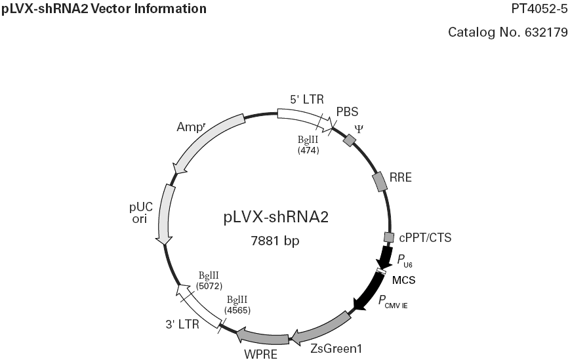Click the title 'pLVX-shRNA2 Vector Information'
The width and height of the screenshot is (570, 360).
pyautogui.click(x=104, y=9)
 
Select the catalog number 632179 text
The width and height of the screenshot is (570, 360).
pyautogui.click(x=508, y=32)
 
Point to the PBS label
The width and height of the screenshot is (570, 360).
pyautogui.click(x=347, y=111)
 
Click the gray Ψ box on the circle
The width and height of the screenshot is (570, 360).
pyautogui.click(x=350, y=140)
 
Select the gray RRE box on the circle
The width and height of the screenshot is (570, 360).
pyautogui.click(x=380, y=182)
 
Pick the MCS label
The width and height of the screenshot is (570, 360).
pyautogui.click(x=405, y=280)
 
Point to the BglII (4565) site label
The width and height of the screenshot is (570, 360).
pyautogui.click(x=237, y=305)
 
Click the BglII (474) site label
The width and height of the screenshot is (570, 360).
pyautogui.click(x=308, y=145)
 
